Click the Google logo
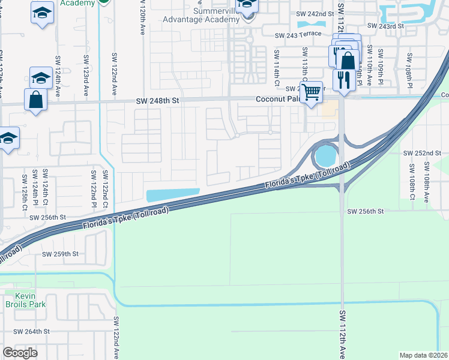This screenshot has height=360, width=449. tap(20, 353)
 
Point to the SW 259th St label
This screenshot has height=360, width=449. tap(60, 254)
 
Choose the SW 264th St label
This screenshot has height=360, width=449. tap(31, 331)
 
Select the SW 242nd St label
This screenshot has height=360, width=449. tap(315, 13)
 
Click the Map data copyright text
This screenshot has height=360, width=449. tap(423, 355)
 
